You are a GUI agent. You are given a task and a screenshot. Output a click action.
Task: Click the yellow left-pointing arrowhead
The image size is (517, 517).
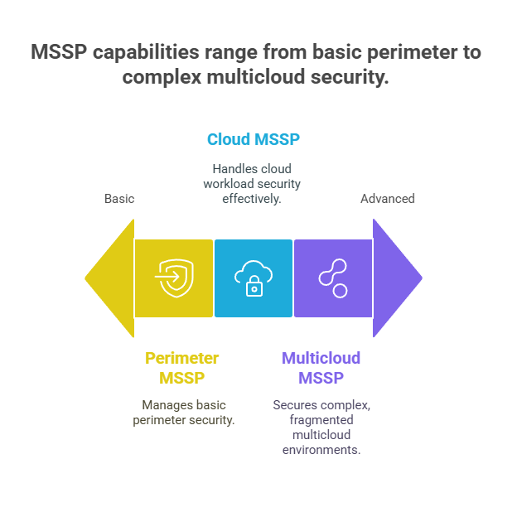click(114, 278)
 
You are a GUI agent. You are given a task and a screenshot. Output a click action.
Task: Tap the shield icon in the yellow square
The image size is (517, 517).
click(175, 278)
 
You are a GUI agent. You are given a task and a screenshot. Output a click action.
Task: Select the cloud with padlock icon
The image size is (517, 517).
click(254, 278)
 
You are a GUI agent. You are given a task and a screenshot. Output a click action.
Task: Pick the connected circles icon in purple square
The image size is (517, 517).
click(333, 278)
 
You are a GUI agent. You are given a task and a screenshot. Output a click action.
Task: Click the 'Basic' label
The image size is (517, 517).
click(119, 199)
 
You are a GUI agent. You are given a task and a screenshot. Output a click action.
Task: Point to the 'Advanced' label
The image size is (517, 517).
click(388, 199)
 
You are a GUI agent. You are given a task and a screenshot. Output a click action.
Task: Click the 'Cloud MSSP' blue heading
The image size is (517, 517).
click(254, 139)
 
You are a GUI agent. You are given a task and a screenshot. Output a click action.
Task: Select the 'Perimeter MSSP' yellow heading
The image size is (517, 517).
click(182, 368)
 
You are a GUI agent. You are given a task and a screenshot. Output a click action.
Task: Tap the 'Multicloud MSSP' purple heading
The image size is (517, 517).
click(321, 368)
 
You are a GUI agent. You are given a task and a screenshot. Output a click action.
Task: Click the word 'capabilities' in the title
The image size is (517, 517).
click(146, 53)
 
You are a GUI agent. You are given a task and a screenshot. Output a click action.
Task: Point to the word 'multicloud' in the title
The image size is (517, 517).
click(256, 77)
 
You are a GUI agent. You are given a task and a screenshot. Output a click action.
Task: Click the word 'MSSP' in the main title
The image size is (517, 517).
click(59, 52)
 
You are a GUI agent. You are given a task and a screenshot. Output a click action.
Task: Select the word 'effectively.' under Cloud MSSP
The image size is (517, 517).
click(252, 199)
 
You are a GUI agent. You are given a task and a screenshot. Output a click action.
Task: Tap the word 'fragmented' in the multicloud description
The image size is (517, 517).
click(321, 420)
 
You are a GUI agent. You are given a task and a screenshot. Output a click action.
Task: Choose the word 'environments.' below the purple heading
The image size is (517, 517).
click(321, 450)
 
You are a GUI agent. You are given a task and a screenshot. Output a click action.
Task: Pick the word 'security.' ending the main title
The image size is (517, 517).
click(350, 78)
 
